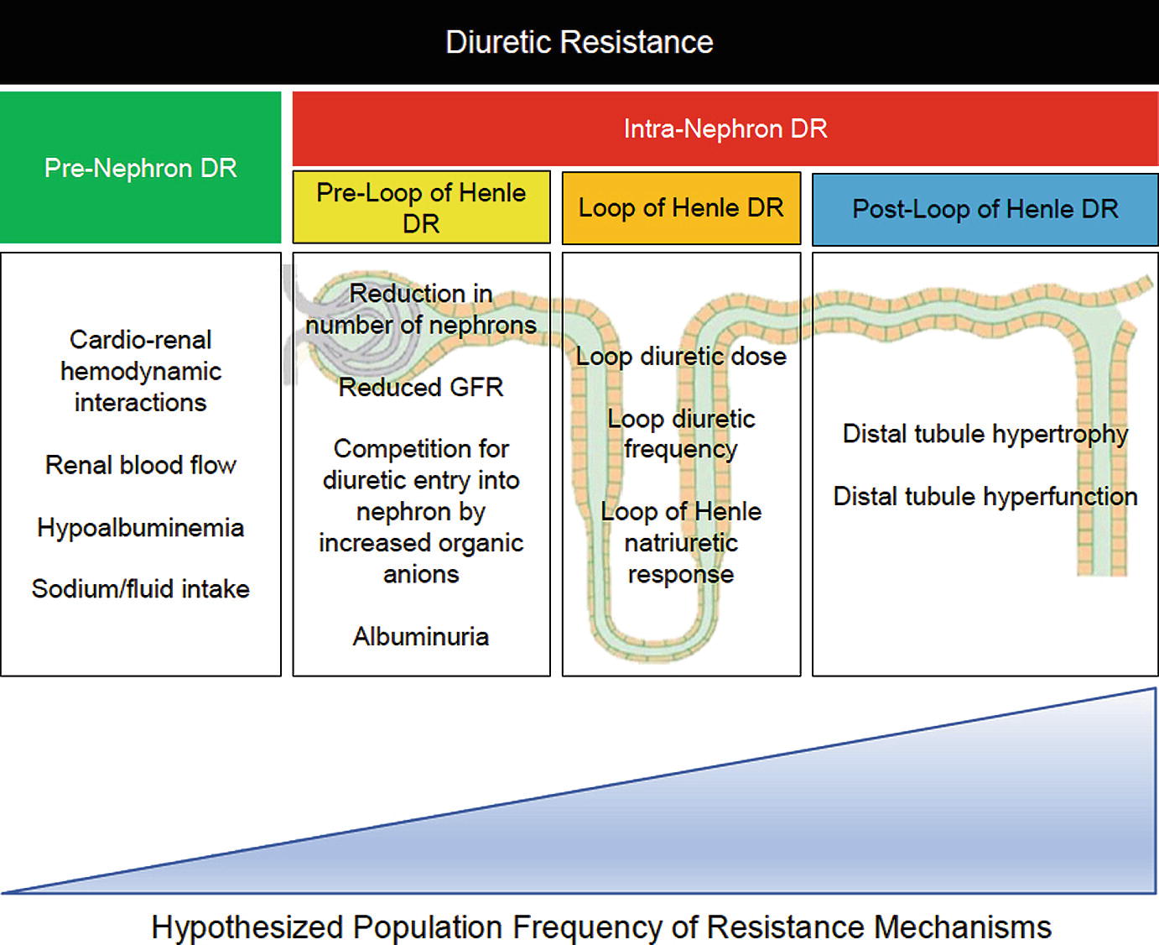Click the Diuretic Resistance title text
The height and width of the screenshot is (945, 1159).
579,42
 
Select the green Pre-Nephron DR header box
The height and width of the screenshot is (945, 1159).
140,168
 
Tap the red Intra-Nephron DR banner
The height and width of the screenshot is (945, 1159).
725,128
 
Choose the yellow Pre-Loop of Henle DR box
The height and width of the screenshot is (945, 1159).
421,207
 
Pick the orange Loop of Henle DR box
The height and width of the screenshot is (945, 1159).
681,208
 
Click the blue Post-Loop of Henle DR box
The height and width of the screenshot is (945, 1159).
985,209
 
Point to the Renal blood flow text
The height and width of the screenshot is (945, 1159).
140,465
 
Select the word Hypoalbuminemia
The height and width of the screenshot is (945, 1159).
140,527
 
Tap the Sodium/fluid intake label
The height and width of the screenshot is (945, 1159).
140,589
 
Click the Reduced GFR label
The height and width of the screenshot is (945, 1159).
421,387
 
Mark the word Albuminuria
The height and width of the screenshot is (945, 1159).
421,636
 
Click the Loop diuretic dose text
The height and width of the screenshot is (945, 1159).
681,356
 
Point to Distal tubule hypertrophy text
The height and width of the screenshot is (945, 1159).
985,434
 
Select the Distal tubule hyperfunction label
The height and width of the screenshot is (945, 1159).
985,496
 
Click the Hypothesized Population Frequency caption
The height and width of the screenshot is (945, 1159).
600,927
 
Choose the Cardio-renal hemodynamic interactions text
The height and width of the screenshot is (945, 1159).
140,371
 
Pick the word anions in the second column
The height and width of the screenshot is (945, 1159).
421,574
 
